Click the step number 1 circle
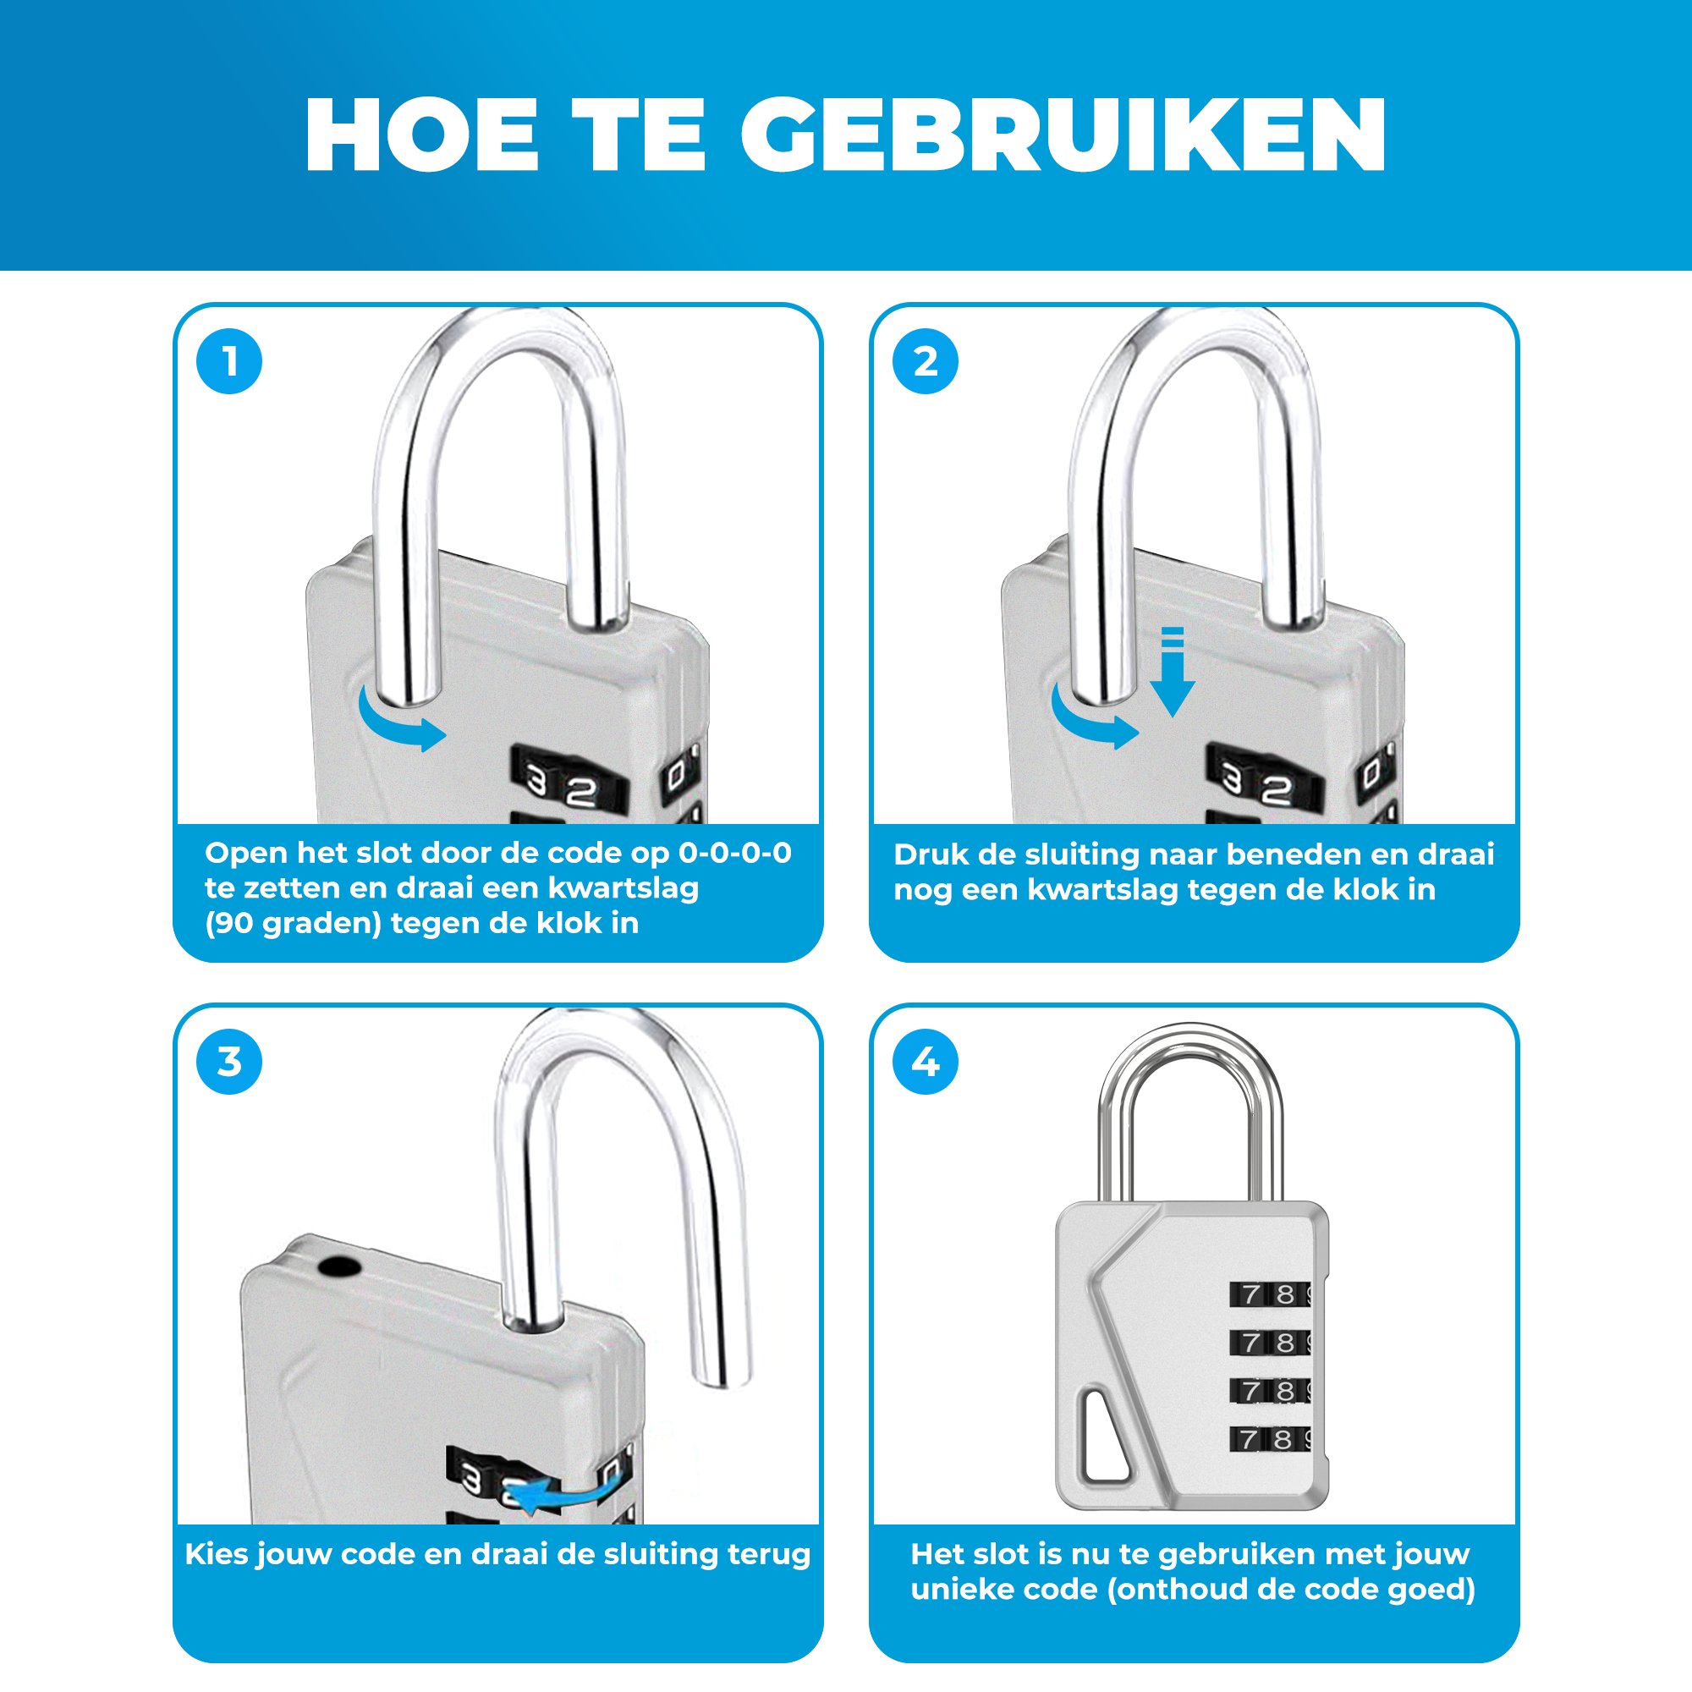click(229, 362)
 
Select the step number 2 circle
click(926, 362)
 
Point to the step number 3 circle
click(229, 1063)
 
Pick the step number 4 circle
click(926, 1063)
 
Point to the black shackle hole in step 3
click(338, 1267)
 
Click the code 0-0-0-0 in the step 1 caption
click(735, 853)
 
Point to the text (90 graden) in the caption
click(294, 924)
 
